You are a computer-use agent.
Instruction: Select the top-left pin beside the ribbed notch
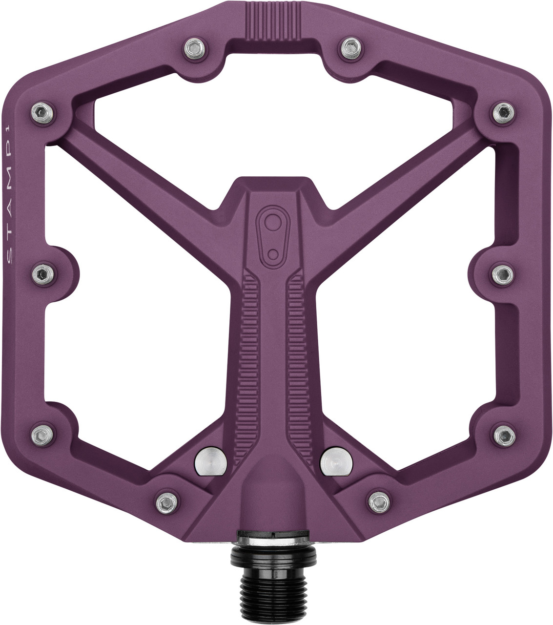193,47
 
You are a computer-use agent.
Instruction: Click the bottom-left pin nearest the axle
164,500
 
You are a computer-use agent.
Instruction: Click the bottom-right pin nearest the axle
377,500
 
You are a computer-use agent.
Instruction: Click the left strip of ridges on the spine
250,352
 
